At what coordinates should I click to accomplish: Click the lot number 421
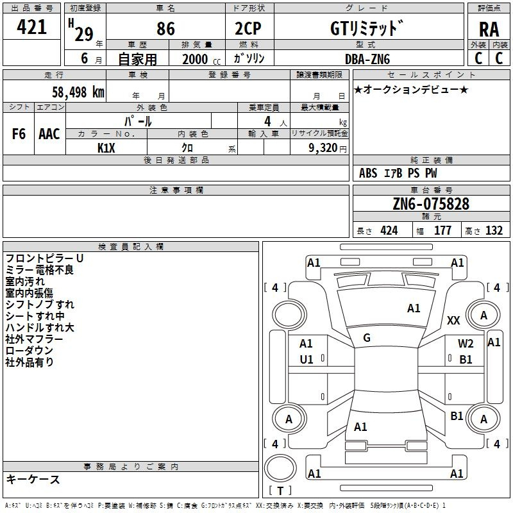pos(31,26)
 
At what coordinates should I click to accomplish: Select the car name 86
pos(165,28)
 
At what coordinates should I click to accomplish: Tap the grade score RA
pos(489,29)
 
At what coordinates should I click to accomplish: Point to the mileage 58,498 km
pos(78,92)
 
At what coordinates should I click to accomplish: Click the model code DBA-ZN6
pos(367,59)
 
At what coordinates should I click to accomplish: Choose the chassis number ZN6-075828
pos(431,203)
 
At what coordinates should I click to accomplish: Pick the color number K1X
pos(106,148)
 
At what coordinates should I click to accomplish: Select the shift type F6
pos(19,134)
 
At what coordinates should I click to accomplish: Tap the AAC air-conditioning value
pos(49,134)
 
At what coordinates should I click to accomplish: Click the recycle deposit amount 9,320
pos(323,147)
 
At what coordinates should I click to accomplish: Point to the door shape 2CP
pos(248,28)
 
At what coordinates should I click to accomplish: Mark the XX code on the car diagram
pos(453,320)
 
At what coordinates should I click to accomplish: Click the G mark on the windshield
pos(367,338)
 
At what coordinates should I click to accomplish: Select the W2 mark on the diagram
pos(466,344)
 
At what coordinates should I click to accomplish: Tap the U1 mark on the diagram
pos(307,360)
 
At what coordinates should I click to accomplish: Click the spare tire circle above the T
pos(280,467)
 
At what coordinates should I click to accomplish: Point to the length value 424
pos(389,230)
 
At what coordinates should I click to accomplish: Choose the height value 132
pos(494,230)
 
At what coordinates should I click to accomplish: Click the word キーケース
pos(33,479)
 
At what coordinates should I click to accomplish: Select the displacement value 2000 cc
pos(201,60)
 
